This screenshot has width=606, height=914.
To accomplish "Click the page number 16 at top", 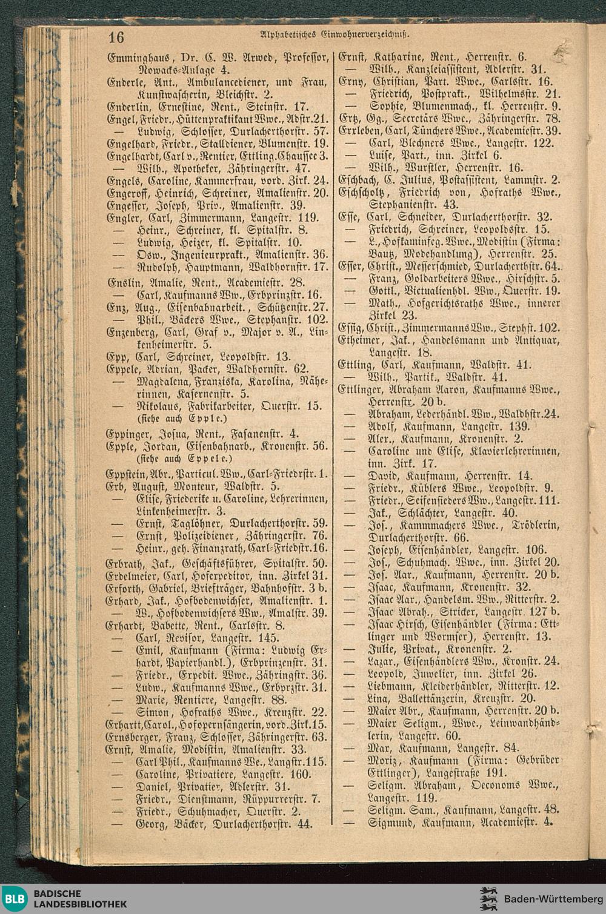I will coord(116,38).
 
